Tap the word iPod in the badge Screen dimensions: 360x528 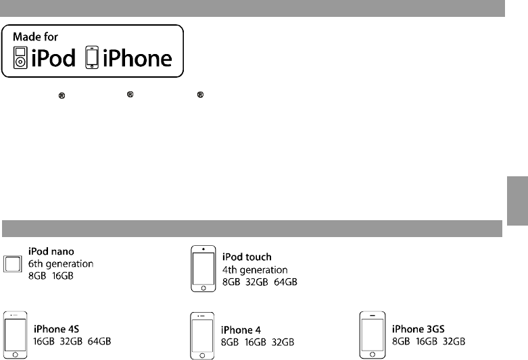52,59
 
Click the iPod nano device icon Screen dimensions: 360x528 13,264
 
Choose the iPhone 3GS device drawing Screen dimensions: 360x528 373,334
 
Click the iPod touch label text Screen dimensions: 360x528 247,257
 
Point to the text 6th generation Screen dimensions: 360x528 61,263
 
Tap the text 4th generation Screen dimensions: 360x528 256,269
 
